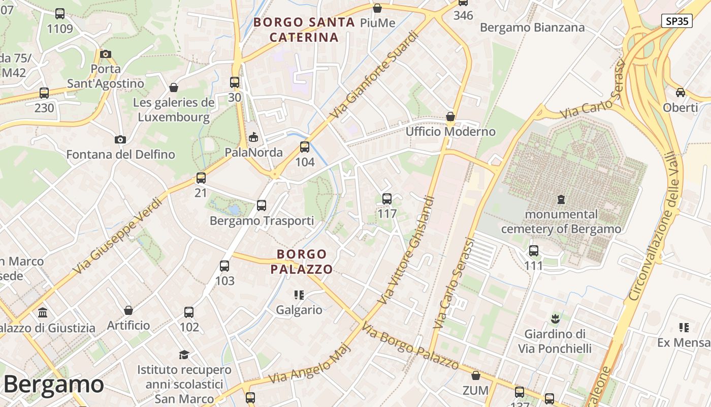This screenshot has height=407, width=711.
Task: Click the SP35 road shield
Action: pos(677,21)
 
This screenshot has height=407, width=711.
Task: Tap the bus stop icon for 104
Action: pos(305,147)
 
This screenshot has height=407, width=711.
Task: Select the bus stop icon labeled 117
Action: pos(387,199)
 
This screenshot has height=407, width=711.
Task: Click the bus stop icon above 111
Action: pos(533,251)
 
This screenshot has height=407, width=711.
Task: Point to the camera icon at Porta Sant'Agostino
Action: pos(106,54)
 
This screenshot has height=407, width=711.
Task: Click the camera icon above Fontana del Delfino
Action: pos(120,139)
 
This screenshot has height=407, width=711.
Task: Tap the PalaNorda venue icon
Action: pos(253,137)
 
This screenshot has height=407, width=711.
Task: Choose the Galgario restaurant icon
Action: pos(299,295)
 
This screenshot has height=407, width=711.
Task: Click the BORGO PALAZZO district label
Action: pos(302,261)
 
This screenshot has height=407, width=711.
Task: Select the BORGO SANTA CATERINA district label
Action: pos(304,30)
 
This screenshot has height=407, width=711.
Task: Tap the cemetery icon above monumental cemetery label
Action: pos(561,199)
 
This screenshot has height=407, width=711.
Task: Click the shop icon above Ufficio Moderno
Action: pos(450,117)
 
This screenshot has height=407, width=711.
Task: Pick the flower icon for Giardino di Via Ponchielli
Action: pos(555,319)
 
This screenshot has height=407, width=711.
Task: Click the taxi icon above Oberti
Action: pos(680,93)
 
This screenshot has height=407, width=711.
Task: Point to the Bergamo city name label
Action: pos(53,384)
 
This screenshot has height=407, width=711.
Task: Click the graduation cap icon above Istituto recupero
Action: pos(184,355)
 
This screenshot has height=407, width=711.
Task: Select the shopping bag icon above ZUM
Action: pos(475,376)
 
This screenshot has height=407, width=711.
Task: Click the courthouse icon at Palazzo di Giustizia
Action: pos(43,312)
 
